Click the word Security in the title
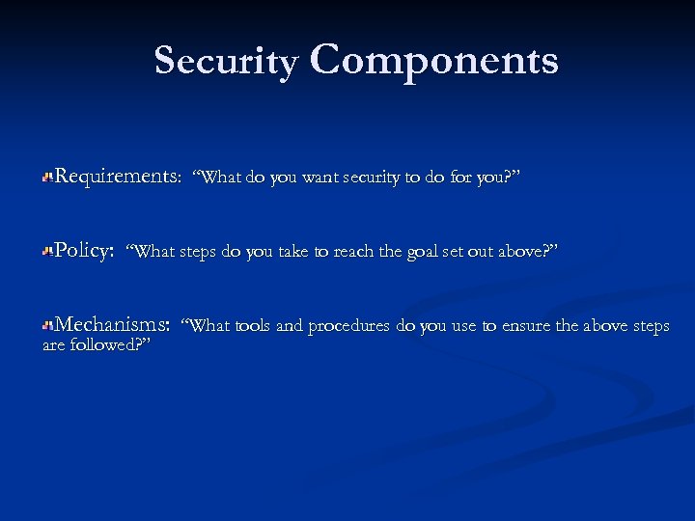(x=226, y=61)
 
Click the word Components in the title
(x=434, y=61)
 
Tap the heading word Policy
(x=84, y=251)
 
